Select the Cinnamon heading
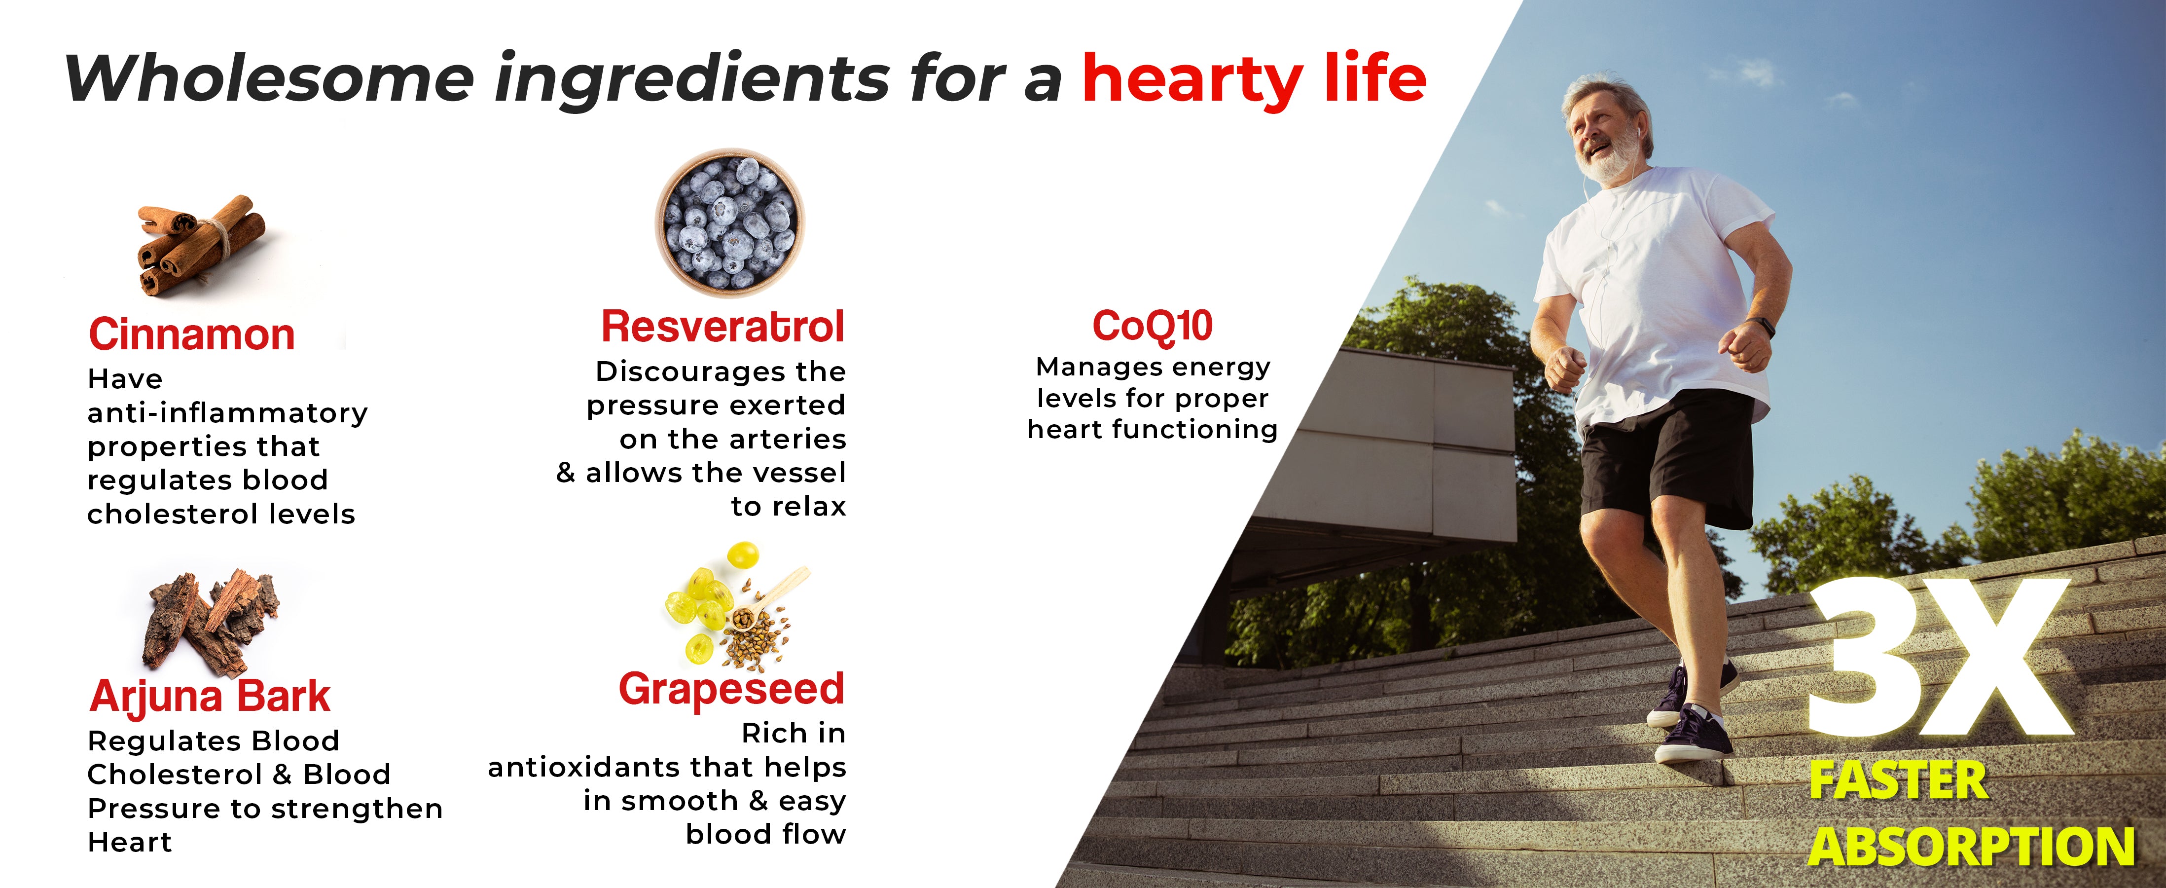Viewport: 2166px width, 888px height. (x=192, y=334)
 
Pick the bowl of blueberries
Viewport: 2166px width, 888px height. (x=729, y=223)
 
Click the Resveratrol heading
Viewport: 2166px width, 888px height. (x=722, y=326)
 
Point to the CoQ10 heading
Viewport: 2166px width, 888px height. (x=1152, y=326)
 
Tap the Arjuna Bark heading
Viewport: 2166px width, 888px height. (x=210, y=696)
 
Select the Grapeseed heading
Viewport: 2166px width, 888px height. (x=731, y=690)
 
